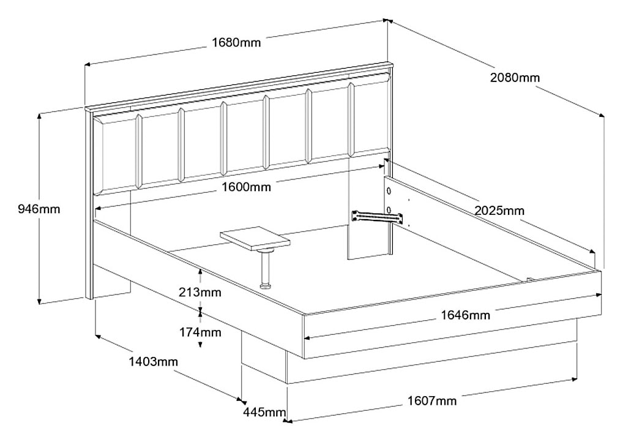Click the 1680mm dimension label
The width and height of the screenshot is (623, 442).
(x=236, y=42)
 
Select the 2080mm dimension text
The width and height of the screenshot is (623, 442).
(x=515, y=78)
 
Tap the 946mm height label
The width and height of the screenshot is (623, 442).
(x=39, y=209)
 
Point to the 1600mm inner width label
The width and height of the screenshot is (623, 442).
(x=247, y=187)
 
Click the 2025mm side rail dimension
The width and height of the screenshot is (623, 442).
(x=499, y=210)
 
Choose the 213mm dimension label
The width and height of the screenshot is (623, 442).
(x=200, y=293)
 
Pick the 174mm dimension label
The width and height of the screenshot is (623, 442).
(x=200, y=332)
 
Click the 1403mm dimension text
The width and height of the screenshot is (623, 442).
(x=153, y=362)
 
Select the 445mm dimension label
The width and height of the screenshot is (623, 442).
(x=264, y=412)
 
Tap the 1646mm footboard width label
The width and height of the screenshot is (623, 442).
(x=466, y=315)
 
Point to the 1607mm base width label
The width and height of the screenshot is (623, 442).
(x=432, y=400)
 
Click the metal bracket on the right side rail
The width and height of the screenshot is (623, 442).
(x=376, y=217)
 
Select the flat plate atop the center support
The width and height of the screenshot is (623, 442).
(x=255, y=239)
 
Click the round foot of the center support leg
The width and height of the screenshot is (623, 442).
(x=265, y=286)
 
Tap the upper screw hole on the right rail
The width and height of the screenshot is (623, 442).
(x=389, y=191)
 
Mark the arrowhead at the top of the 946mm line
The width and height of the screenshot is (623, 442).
(x=39, y=116)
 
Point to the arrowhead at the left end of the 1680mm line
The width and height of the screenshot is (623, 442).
(x=88, y=64)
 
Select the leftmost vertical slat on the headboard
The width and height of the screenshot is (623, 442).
(x=139, y=151)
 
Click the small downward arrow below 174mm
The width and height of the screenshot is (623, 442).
(x=200, y=345)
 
